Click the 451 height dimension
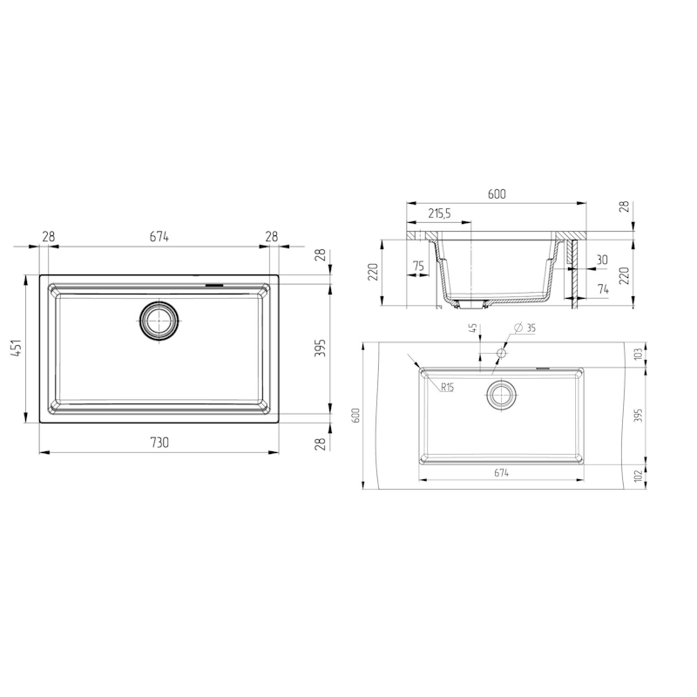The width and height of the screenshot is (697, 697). [17, 349]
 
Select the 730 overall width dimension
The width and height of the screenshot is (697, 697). [159, 443]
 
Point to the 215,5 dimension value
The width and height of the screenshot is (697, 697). [439, 213]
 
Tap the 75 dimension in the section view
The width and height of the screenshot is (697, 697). [419, 267]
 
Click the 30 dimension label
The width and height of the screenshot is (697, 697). [601, 260]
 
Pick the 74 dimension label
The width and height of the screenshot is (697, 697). [603, 289]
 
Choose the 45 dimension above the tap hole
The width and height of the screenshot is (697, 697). [473, 328]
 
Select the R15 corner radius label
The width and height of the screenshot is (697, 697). [447, 388]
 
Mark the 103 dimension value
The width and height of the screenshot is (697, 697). [638, 355]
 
